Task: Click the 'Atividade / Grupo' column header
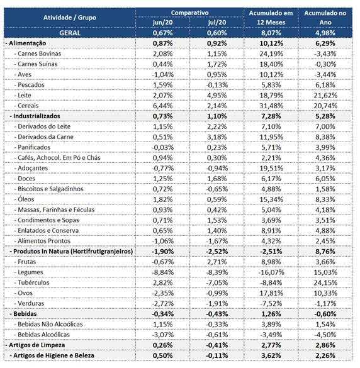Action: point(70,18)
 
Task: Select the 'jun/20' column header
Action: point(163,23)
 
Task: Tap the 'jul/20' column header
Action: point(217,23)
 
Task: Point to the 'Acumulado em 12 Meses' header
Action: point(271,18)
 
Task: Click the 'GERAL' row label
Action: point(70,33)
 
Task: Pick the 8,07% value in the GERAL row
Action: point(271,33)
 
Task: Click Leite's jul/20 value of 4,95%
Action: point(217,96)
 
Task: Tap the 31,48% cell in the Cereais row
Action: point(271,106)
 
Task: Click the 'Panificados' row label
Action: point(32,147)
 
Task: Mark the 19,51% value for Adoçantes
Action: point(271,169)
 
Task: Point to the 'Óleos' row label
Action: point(24,199)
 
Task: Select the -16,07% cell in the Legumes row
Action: point(271,272)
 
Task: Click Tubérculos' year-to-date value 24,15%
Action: point(325,283)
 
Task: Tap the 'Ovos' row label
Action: point(23,293)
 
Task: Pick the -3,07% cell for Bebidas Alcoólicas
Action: point(163,335)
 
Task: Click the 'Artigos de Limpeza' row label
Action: point(35,345)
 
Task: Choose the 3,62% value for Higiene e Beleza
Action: point(271,355)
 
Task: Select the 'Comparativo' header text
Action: point(189,13)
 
